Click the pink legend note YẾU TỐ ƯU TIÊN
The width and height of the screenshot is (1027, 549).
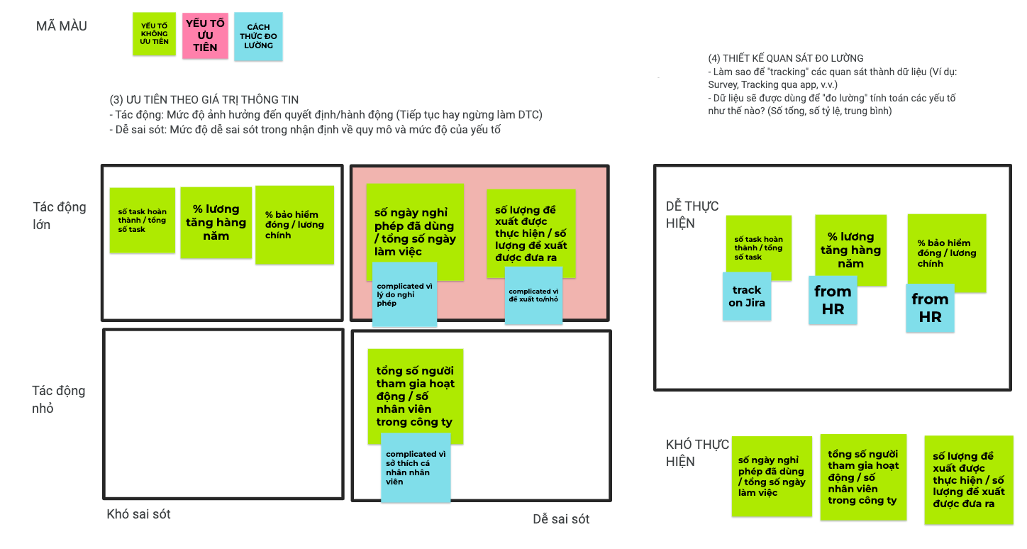click(205, 35)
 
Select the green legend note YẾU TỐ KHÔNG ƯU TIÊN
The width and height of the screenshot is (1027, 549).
click(154, 33)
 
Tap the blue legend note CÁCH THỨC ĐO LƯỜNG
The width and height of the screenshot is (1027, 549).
click(258, 36)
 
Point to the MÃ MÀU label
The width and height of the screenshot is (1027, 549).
click(62, 27)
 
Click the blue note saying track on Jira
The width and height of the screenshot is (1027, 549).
click(747, 296)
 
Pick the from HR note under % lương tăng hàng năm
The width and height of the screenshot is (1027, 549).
click(833, 300)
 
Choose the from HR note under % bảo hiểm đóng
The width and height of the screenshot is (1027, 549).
click(930, 308)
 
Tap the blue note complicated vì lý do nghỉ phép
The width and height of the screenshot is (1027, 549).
click(404, 294)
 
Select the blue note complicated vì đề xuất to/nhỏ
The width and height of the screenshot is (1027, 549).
click(533, 295)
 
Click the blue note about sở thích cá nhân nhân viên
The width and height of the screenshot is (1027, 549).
click(416, 467)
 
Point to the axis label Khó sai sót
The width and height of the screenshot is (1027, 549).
click(138, 514)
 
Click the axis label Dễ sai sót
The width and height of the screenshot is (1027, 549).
click(561, 519)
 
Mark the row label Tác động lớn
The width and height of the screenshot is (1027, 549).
click(60, 216)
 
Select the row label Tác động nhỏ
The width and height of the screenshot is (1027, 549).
click(58, 399)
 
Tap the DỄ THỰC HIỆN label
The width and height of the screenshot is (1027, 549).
click(692, 214)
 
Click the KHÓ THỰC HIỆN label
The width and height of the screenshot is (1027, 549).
click(697, 453)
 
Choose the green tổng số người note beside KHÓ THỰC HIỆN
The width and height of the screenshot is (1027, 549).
click(863, 477)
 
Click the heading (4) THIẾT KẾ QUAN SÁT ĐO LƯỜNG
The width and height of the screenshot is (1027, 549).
click(786, 58)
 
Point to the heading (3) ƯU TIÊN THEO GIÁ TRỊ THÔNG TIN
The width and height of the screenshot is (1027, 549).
click(204, 99)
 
